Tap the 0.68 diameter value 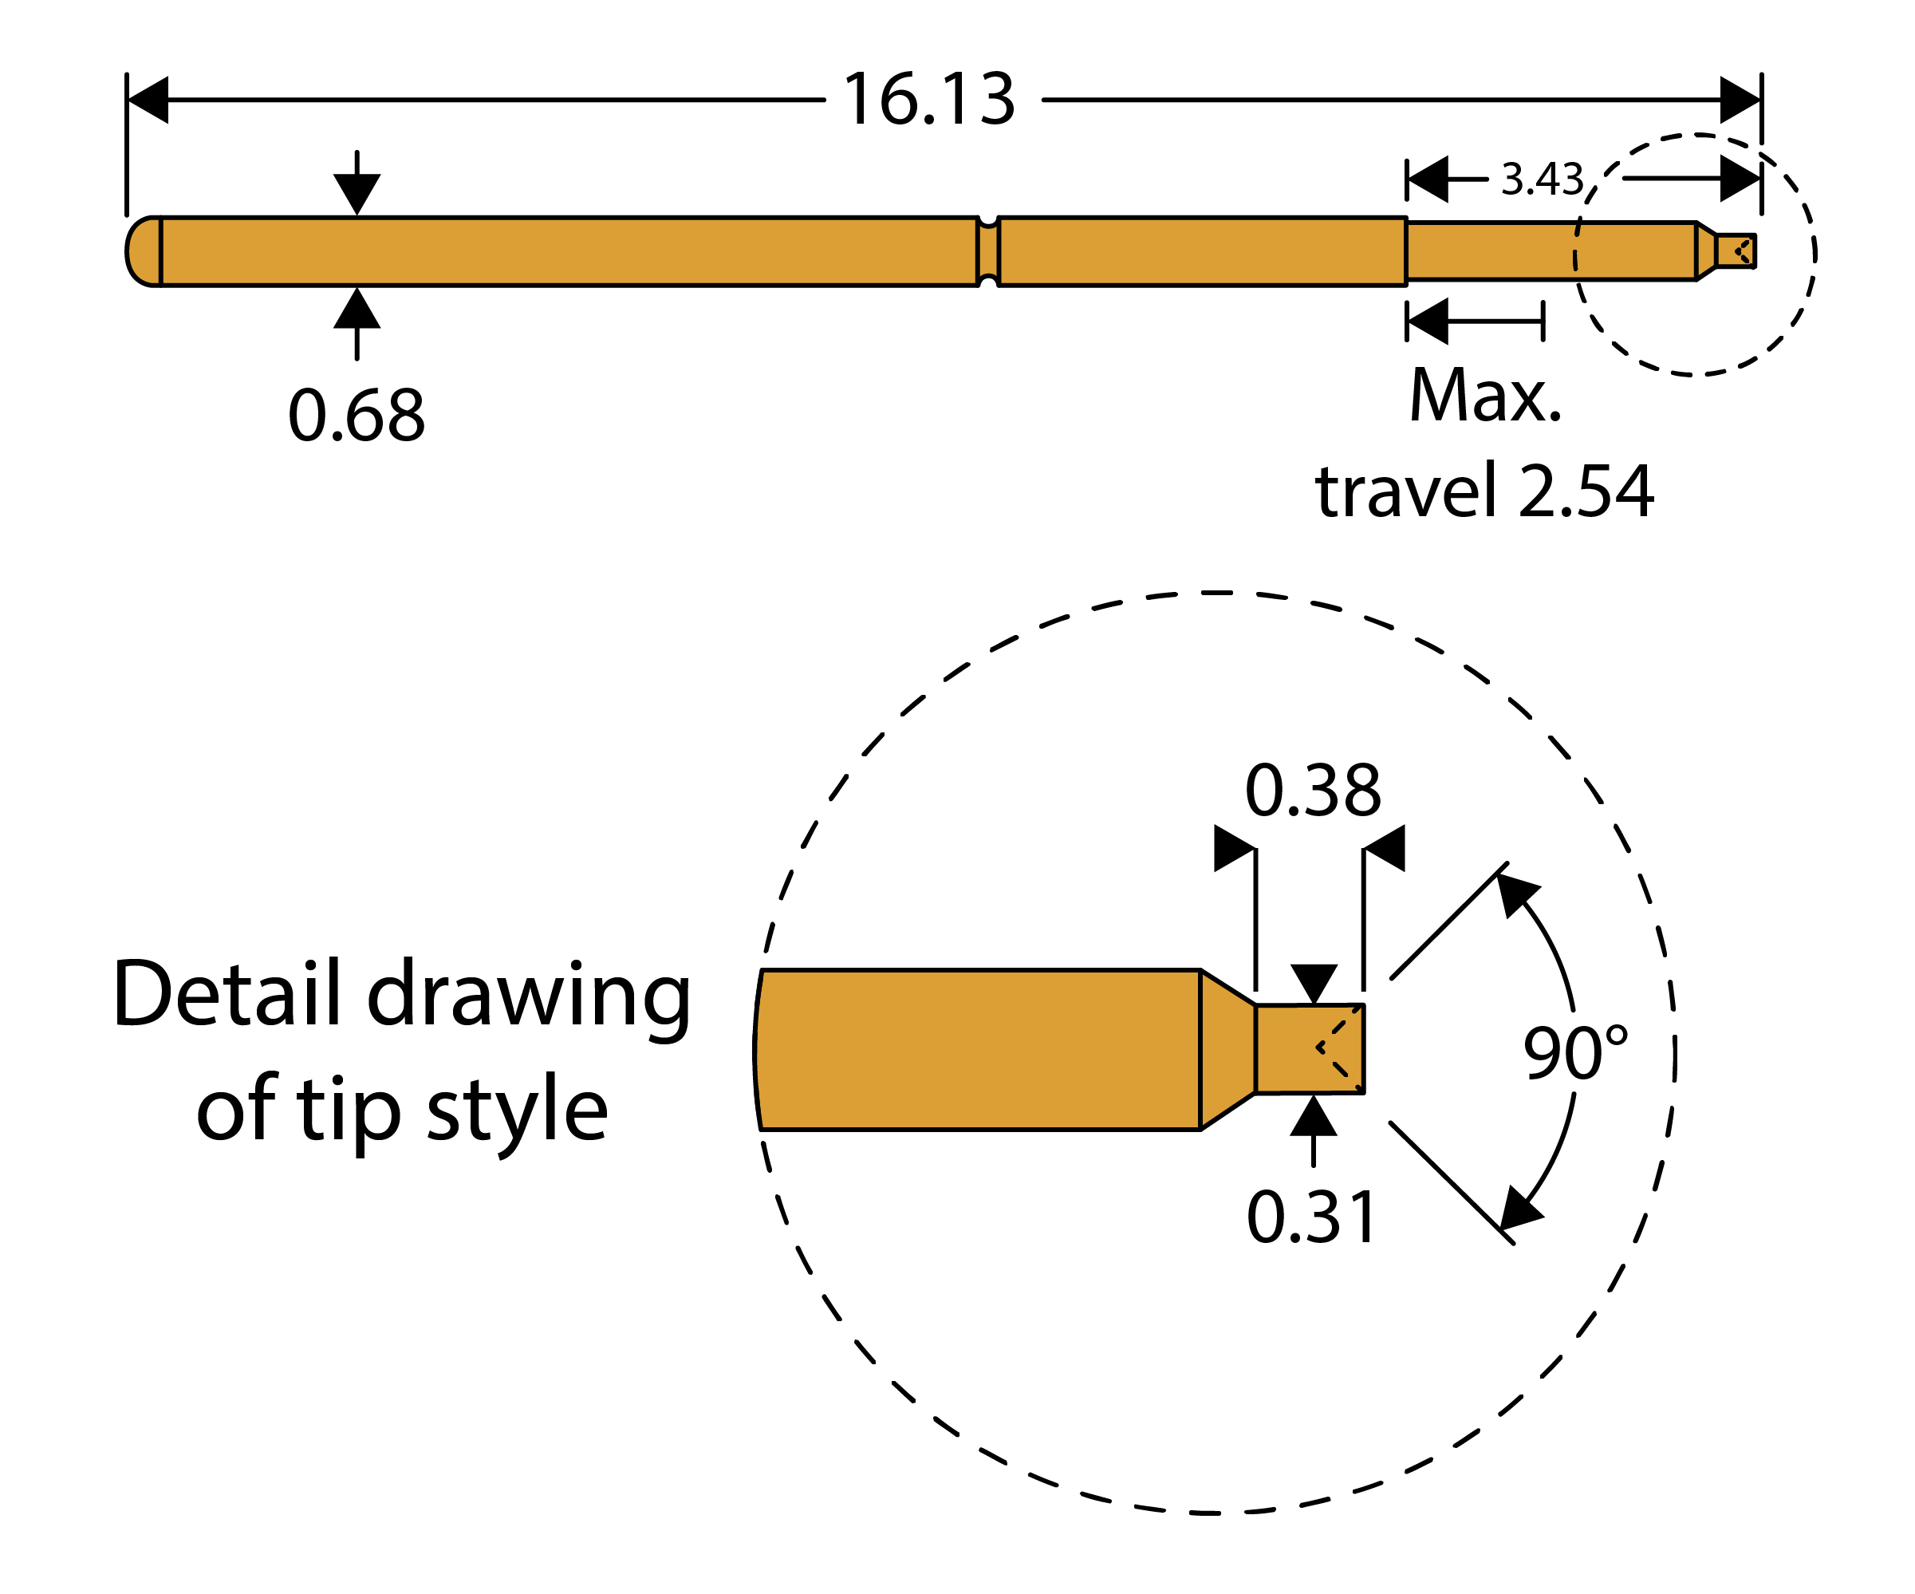[357, 415]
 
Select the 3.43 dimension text [1542, 179]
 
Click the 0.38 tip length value [1313, 790]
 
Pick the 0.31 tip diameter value [1311, 1217]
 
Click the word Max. [1485, 396]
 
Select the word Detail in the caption [229, 993]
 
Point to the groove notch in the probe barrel [987, 251]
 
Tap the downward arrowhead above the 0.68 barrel [357, 194]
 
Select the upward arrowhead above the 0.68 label [357, 308]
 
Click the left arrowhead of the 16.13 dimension [148, 100]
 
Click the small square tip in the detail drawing [1310, 1048]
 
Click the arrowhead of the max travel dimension [1428, 321]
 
